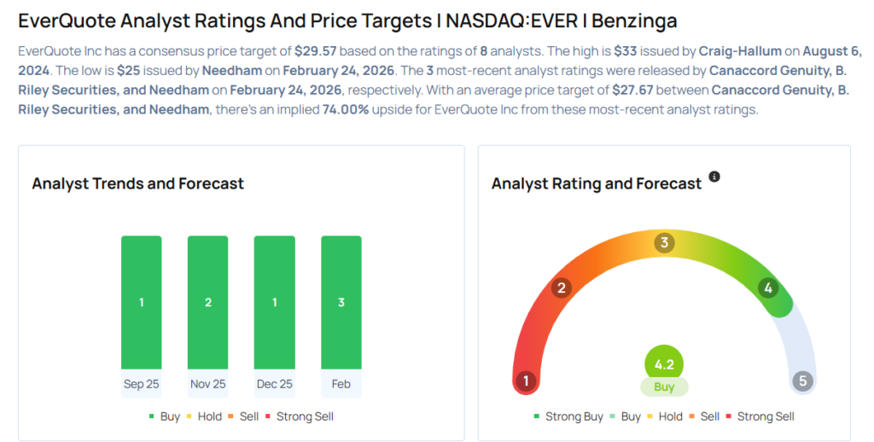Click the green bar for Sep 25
[x=141, y=302]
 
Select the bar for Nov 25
[x=207, y=302]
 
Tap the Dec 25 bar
[x=274, y=302]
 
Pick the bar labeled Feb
[x=341, y=302]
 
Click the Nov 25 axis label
[x=207, y=384]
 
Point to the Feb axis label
[x=341, y=384]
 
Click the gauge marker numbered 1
[x=527, y=381]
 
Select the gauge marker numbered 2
[x=561, y=288]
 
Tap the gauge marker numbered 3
[x=664, y=243]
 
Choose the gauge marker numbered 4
[x=768, y=288]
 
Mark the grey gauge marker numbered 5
[x=801, y=381]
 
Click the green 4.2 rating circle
[x=664, y=364]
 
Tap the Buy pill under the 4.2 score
[x=664, y=387]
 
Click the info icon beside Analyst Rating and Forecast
[x=714, y=177]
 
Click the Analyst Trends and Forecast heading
[x=137, y=183]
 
